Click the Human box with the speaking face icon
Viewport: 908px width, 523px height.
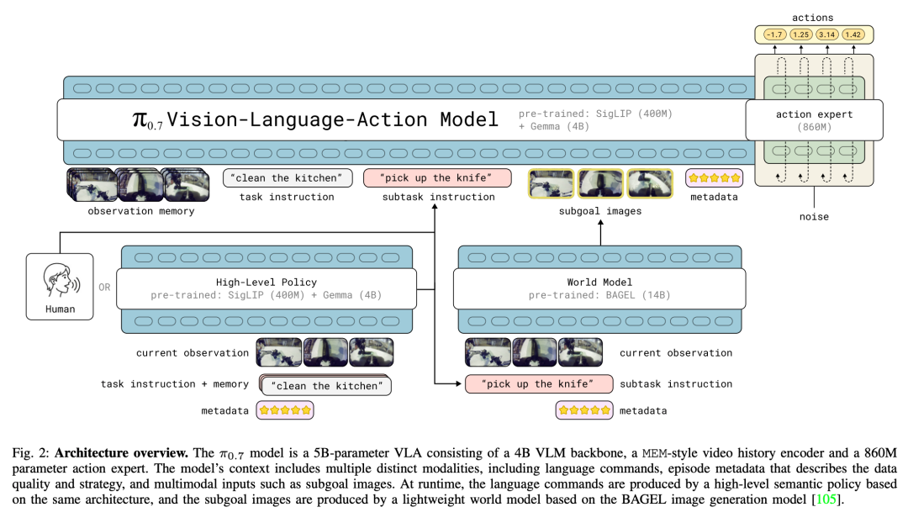tap(60, 287)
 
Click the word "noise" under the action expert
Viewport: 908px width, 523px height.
tap(815, 216)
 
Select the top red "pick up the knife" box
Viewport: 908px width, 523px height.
tap(437, 178)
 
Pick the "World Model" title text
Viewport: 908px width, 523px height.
tap(599, 282)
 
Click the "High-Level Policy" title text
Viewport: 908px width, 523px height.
tap(267, 282)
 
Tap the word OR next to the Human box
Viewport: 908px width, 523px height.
tap(104, 287)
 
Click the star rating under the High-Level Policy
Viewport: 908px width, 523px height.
tap(286, 410)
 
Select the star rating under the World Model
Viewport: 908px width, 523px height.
tap(583, 410)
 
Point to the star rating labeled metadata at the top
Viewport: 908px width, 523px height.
tap(715, 178)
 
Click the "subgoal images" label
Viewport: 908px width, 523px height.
tap(600, 211)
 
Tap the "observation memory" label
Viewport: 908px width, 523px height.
tap(141, 211)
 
